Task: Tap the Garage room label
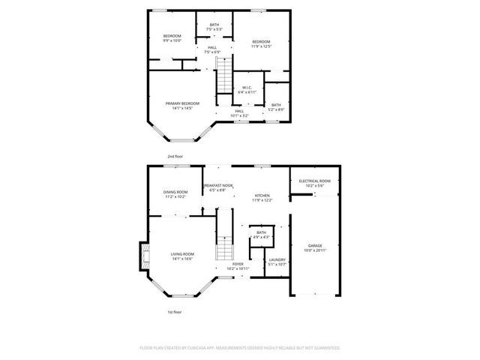(x=315, y=246)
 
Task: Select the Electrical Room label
(x=315, y=181)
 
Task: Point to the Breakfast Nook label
(x=217, y=185)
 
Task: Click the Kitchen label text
(x=261, y=195)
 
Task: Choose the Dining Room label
(x=175, y=192)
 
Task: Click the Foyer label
(x=238, y=264)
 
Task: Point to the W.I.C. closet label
(x=247, y=88)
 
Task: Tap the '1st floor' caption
(x=174, y=311)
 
